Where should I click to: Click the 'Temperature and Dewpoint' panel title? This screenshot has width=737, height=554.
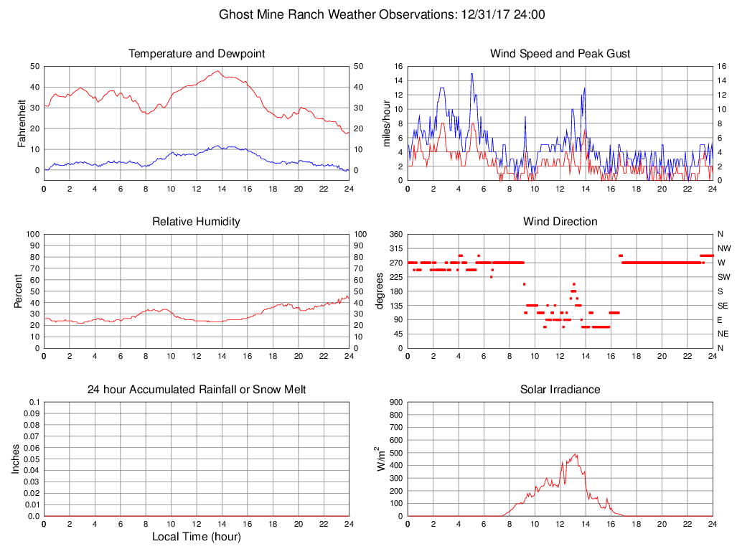click(x=197, y=54)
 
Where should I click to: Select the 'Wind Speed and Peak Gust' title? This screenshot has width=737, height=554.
click(x=560, y=54)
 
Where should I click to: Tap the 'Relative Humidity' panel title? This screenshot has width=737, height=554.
click(x=197, y=222)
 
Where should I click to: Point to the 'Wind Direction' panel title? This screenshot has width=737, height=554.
click(x=560, y=222)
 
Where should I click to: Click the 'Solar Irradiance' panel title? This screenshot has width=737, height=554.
click(x=560, y=390)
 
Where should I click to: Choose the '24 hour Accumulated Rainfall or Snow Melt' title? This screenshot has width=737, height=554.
click(x=197, y=390)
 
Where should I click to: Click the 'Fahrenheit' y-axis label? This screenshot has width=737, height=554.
click(x=22, y=123)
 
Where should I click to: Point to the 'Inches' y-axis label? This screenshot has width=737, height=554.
click(x=16, y=459)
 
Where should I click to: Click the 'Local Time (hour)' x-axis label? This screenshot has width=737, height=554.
click(x=197, y=537)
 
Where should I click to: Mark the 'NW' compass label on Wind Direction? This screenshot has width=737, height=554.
click(x=723, y=248)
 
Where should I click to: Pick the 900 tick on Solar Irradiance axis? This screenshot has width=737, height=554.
click(x=395, y=403)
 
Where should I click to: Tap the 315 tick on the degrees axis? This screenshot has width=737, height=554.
click(x=395, y=248)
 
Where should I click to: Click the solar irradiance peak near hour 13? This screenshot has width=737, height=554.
click(x=576, y=454)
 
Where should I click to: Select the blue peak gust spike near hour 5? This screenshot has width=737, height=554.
click(x=471, y=74)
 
